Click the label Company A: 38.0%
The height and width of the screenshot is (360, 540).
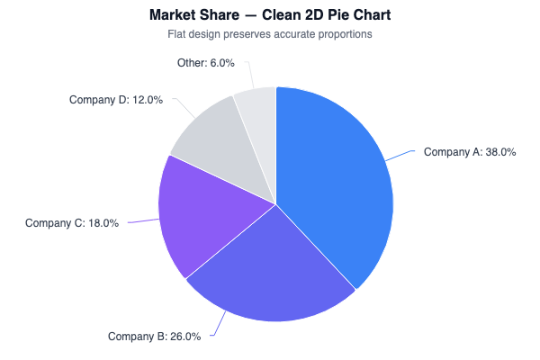(469, 152)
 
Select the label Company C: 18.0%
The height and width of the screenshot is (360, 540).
(72, 223)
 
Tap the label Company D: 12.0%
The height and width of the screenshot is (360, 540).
(116, 100)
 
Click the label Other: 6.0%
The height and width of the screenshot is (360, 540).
(206, 63)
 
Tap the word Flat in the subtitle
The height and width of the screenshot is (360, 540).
(178, 34)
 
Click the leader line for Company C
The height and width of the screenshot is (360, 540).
(141, 220)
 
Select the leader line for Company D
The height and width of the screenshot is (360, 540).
(185, 107)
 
